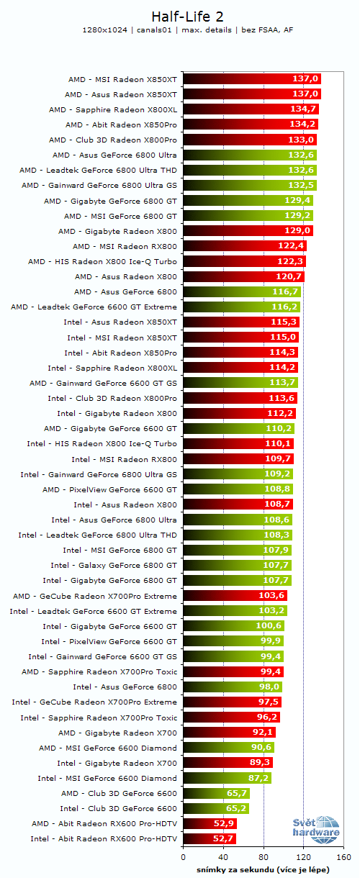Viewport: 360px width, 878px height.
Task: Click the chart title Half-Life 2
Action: [180, 16]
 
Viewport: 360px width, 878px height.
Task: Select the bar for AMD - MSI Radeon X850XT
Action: [252, 78]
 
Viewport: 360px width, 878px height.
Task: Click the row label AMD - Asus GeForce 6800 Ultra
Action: [114, 155]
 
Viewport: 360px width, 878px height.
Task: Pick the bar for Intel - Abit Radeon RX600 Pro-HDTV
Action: [210, 838]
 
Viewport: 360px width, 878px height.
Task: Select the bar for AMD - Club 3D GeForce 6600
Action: [216, 793]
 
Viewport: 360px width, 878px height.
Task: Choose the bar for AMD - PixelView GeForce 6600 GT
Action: [238, 489]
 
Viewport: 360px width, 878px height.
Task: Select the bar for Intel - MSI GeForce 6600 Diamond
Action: [227, 778]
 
